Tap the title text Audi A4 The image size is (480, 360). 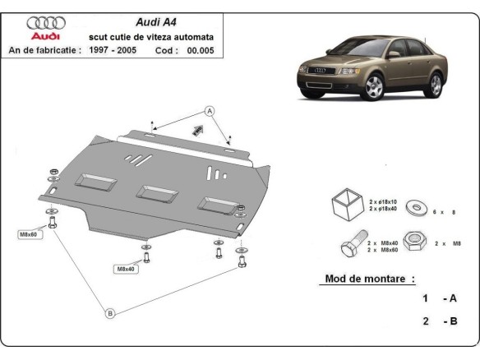[x=153, y=23]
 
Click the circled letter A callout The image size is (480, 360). [x=209, y=110]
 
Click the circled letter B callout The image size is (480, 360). [x=109, y=311]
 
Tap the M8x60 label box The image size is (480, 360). [x=29, y=234]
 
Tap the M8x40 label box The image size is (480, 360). [x=125, y=269]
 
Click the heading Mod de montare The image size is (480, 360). [x=365, y=279]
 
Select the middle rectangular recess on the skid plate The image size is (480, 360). [x=153, y=192]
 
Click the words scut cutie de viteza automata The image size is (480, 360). [x=152, y=37]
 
